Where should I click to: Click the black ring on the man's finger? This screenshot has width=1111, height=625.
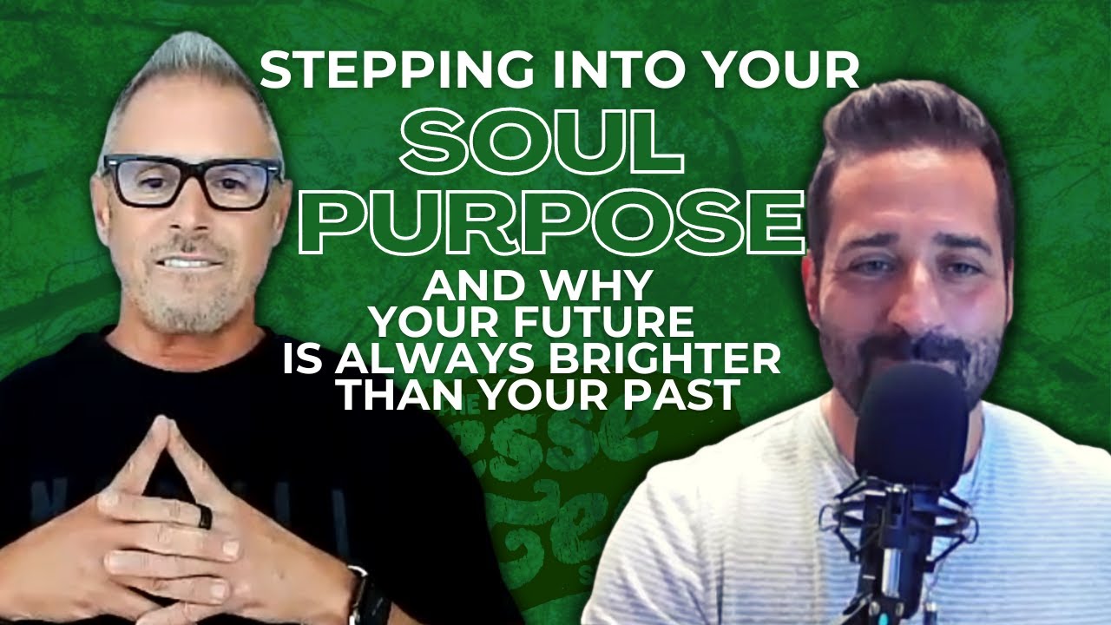(204, 518)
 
